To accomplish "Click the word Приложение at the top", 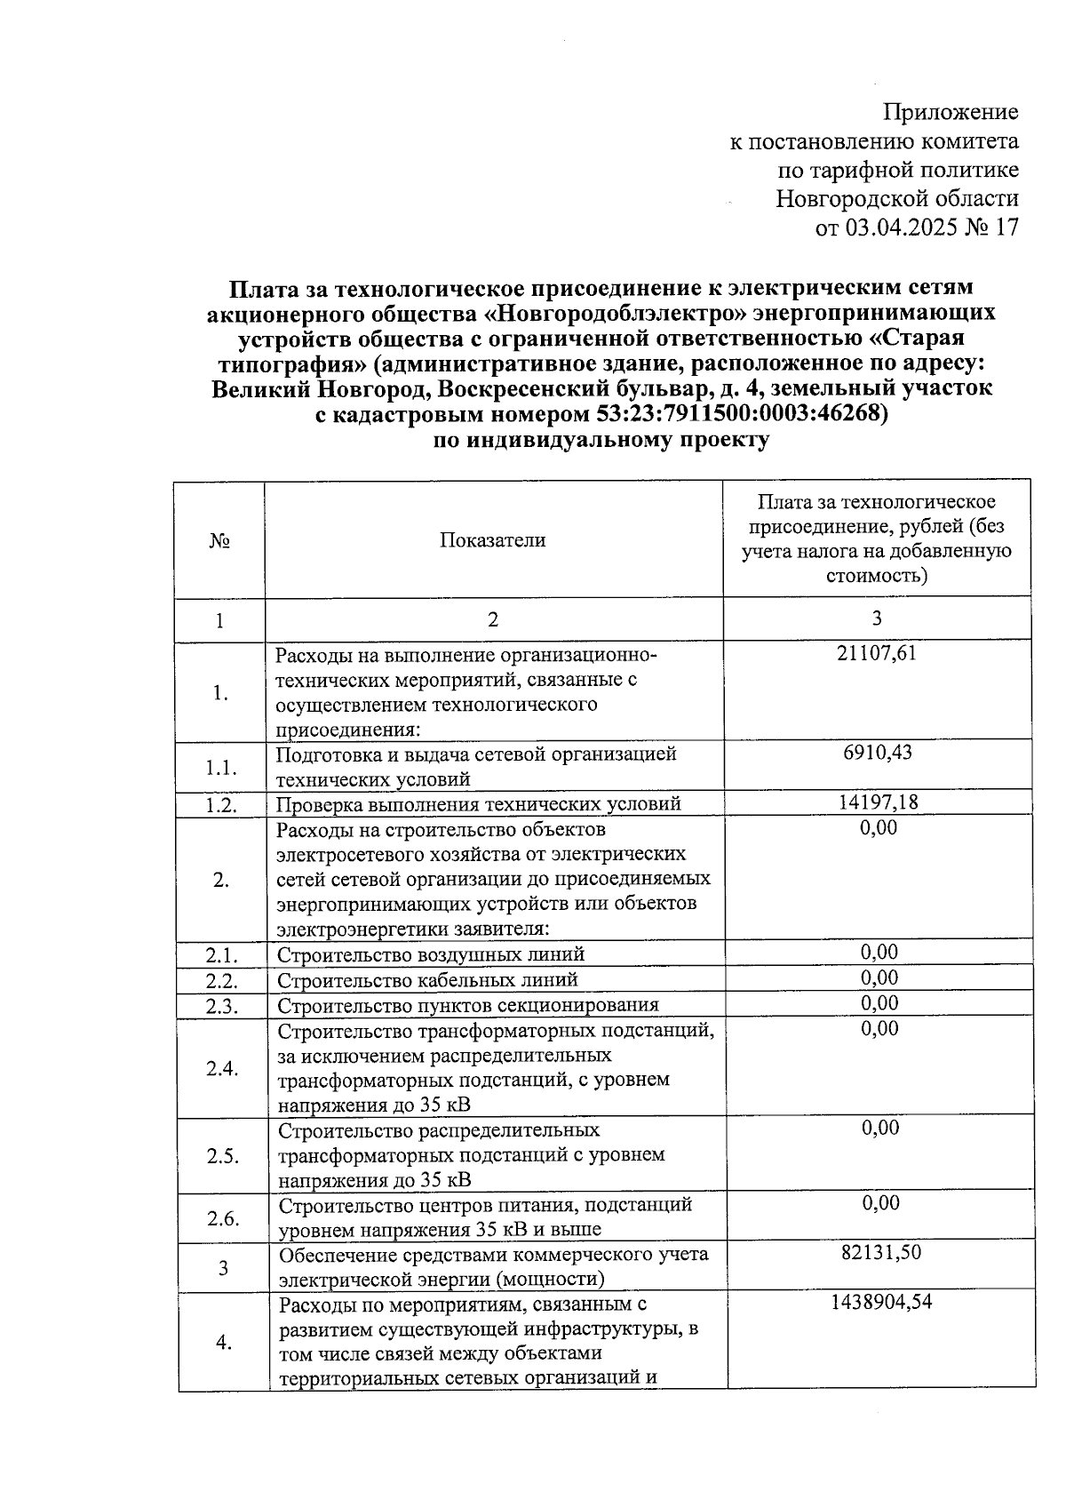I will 951,112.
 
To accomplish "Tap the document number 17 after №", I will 1006,227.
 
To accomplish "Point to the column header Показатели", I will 492,540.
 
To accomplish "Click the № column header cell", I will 219,541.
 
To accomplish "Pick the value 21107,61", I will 876,654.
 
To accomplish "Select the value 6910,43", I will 878,753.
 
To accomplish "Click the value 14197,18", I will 878,802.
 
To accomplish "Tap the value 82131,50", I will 880,1253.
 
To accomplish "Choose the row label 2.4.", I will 222,1068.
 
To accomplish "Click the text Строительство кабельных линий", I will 427,980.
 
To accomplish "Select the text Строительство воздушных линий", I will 431,955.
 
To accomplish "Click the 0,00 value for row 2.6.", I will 880,1203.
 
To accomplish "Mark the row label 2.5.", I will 223,1156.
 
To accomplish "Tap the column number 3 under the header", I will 877,618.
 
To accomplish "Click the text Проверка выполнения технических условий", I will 478,804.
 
